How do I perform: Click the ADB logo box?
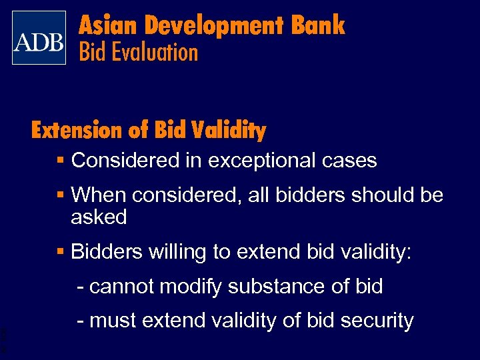pyautogui.click(x=39, y=38)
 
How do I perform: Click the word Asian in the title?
pyautogui.click(x=107, y=26)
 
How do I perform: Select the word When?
pyautogui.click(x=99, y=195)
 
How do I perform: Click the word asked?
pyautogui.click(x=99, y=217)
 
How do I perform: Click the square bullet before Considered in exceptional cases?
pyautogui.click(x=61, y=161)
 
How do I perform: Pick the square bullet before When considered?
pyautogui.click(x=61, y=195)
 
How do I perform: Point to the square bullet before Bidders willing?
pyautogui.click(x=61, y=252)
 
